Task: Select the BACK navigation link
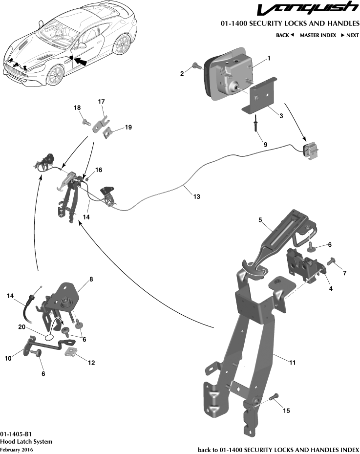[x=285, y=35]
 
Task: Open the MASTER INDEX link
[x=318, y=35]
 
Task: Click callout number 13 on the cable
[x=196, y=197]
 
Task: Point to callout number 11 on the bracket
[x=293, y=363]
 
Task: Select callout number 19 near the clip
[x=128, y=128]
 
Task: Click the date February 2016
[x=14, y=449]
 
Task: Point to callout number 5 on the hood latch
[x=261, y=220]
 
